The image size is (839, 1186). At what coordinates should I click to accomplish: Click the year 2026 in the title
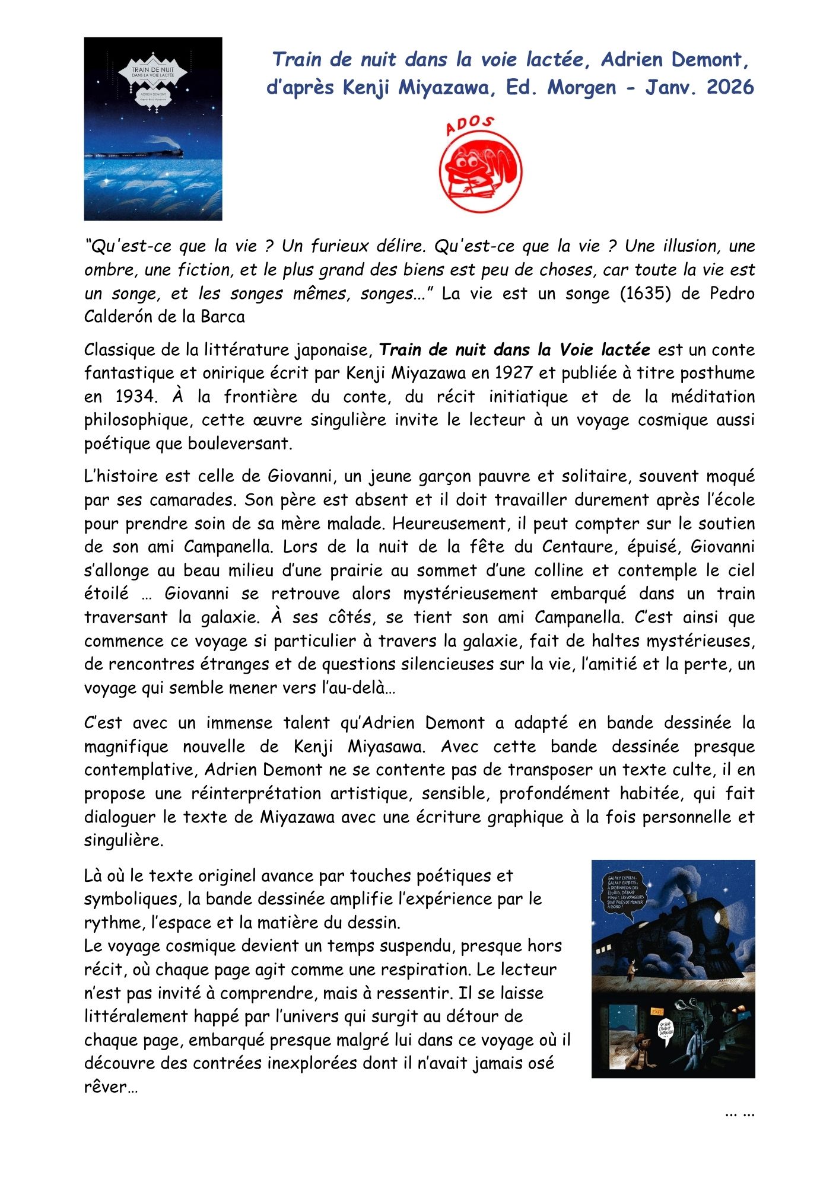pos(730,87)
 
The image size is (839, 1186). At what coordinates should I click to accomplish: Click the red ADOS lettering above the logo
pos(469,125)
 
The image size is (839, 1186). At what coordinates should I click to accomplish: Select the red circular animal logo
pos(480,171)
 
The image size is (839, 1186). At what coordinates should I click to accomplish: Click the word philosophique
pos(137,420)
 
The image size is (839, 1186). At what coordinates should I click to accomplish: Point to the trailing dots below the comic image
pos(739,1113)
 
